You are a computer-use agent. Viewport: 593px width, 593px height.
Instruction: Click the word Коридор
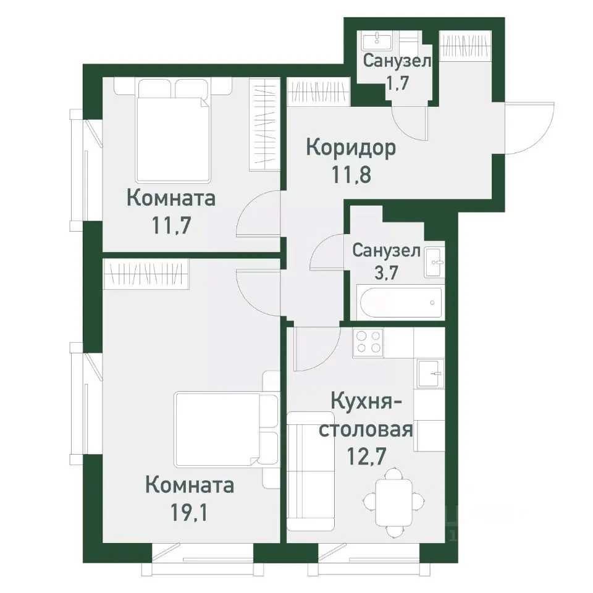coord(351,148)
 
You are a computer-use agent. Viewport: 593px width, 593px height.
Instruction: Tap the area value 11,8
coord(351,174)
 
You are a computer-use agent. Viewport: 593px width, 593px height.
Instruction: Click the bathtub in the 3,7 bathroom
coord(400,303)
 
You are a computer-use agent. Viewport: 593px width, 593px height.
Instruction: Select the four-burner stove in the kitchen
coord(368,342)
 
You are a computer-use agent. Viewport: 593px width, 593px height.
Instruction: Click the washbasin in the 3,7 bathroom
coord(435,262)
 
